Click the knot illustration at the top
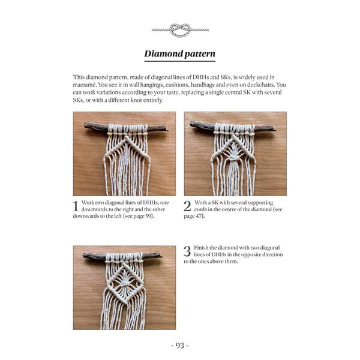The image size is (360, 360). tap(180, 30)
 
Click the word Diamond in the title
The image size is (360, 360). tap(164, 54)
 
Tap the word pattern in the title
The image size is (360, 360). tap(200, 54)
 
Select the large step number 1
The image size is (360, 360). tap(76, 206)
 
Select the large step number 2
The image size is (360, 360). tap(187, 206)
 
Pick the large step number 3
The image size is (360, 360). tap(187, 251)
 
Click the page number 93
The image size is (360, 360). tap(180, 346)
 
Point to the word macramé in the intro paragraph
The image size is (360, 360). tap(84, 85)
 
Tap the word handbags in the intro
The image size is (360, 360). tap(203, 85)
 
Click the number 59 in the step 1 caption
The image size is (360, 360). tap(148, 216)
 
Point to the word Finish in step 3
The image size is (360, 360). tap(201, 248)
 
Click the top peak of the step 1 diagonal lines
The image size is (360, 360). tap(127, 138)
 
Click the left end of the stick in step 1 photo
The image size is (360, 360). tap(85, 125)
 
